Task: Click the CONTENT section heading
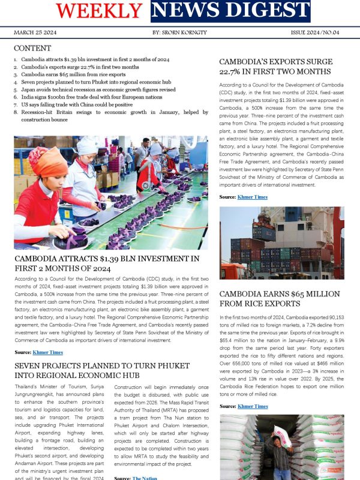32,48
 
